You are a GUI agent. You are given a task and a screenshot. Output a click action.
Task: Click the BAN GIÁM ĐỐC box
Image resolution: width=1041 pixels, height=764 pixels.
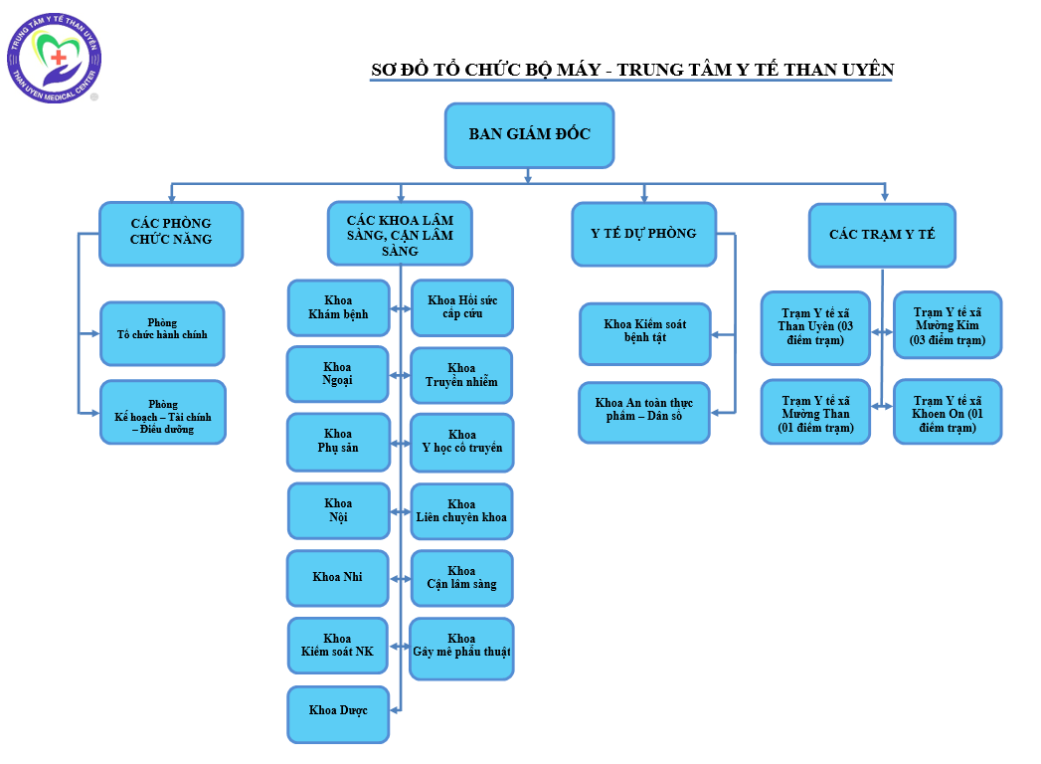click(529, 134)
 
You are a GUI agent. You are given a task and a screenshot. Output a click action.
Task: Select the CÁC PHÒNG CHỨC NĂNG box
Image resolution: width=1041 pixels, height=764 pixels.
click(171, 233)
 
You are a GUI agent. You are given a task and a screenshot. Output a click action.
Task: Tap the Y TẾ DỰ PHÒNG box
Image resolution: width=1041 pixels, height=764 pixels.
click(643, 234)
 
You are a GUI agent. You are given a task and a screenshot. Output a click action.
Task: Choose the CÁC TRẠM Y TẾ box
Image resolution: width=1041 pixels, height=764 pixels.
click(882, 235)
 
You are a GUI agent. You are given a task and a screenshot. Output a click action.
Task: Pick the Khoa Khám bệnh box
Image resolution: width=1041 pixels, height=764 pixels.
click(338, 307)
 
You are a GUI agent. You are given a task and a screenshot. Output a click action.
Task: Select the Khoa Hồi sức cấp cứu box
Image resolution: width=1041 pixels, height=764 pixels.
click(462, 307)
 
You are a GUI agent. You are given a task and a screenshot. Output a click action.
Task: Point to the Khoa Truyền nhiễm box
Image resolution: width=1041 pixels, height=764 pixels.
click(461, 375)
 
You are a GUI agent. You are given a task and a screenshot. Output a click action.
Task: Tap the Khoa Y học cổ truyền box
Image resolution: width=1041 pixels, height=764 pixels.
click(461, 442)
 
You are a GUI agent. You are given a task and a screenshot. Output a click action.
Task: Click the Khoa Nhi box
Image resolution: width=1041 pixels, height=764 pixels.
click(338, 578)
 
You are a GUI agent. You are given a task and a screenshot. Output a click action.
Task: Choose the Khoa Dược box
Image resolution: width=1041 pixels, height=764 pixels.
click(338, 711)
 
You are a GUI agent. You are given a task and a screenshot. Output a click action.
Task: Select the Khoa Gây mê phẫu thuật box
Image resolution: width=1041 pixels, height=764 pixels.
click(461, 647)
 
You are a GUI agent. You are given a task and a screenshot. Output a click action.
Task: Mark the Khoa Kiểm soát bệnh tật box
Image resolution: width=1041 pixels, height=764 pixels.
click(644, 332)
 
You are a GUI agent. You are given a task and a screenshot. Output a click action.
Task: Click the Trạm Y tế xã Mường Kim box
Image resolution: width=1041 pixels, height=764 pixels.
click(948, 324)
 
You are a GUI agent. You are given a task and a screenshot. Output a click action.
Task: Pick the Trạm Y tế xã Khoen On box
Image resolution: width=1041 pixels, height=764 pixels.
click(948, 411)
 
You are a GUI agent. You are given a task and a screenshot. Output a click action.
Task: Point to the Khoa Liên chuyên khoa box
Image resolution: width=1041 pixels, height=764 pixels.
click(461, 511)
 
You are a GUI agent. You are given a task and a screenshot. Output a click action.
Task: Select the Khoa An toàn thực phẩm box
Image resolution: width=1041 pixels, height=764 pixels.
click(644, 411)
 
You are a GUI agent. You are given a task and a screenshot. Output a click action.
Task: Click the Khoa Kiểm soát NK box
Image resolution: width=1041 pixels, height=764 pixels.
click(338, 646)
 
